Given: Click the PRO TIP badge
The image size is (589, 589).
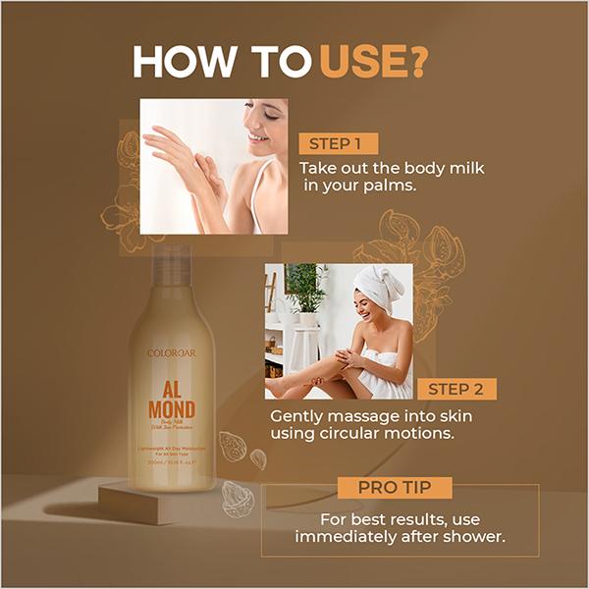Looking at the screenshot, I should [x=394, y=488].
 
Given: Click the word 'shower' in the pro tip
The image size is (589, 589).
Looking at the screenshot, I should [x=469, y=538].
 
